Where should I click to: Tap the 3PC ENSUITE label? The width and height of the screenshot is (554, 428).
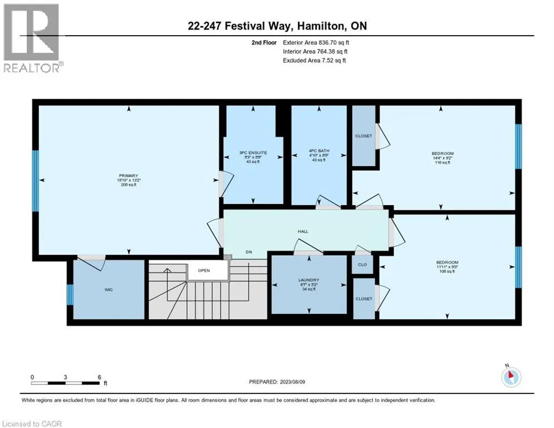point(253,152)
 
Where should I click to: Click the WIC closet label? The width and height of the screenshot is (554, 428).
point(110,290)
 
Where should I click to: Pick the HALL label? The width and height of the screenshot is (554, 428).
point(303,231)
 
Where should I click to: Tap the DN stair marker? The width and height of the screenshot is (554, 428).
point(249,252)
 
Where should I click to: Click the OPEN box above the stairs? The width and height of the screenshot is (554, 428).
point(203,270)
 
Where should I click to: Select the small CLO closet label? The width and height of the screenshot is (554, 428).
point(362,264)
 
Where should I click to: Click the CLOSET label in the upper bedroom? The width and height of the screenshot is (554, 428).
point(363,136)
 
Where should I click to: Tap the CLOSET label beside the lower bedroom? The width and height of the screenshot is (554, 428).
point(363,299)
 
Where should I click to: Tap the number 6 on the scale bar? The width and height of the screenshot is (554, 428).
point(99,377)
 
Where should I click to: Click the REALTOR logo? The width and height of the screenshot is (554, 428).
point(32,38)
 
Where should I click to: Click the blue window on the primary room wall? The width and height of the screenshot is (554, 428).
point(36,181)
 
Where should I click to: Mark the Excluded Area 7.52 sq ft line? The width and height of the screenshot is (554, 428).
point(314,60)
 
